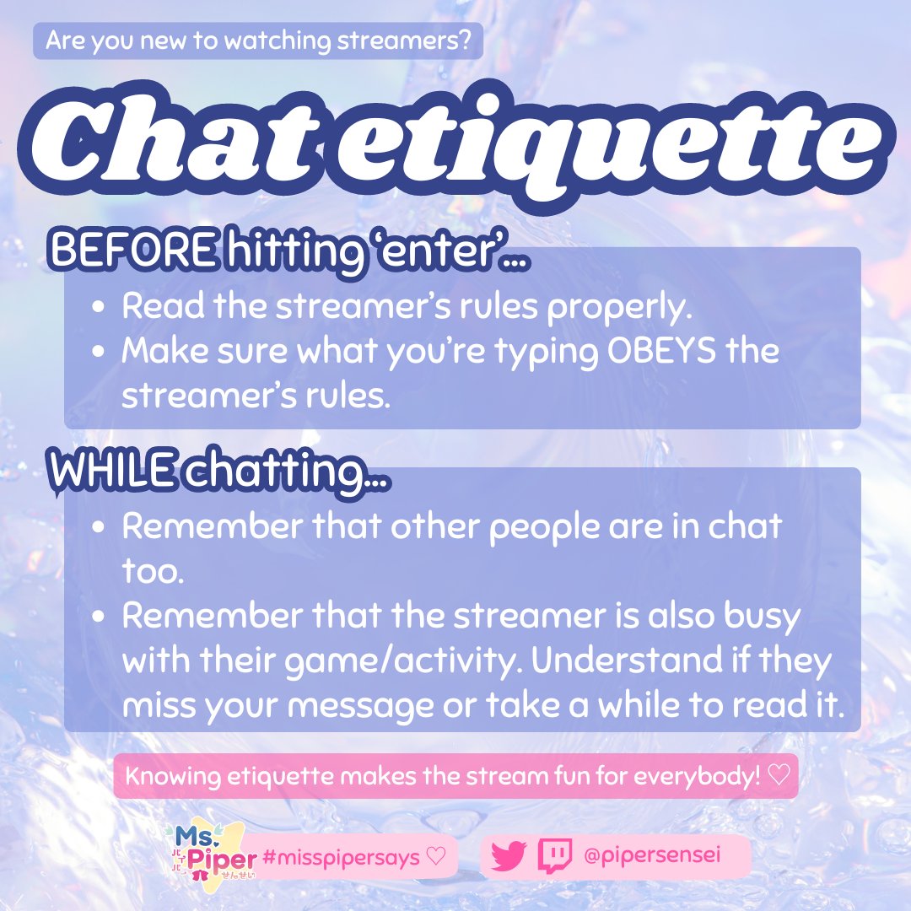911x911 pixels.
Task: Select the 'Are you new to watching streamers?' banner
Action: point(258,40)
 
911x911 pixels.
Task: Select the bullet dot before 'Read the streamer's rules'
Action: point(99,307)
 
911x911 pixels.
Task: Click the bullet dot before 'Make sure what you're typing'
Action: point(99,351)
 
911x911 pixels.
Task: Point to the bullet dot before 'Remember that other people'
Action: point(99,527)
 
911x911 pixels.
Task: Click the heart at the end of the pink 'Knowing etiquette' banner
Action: point(780,775)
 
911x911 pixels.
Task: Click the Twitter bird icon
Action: point(509,858)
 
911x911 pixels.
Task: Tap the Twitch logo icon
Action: point(555,856)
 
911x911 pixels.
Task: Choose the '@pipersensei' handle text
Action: point(654,857)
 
